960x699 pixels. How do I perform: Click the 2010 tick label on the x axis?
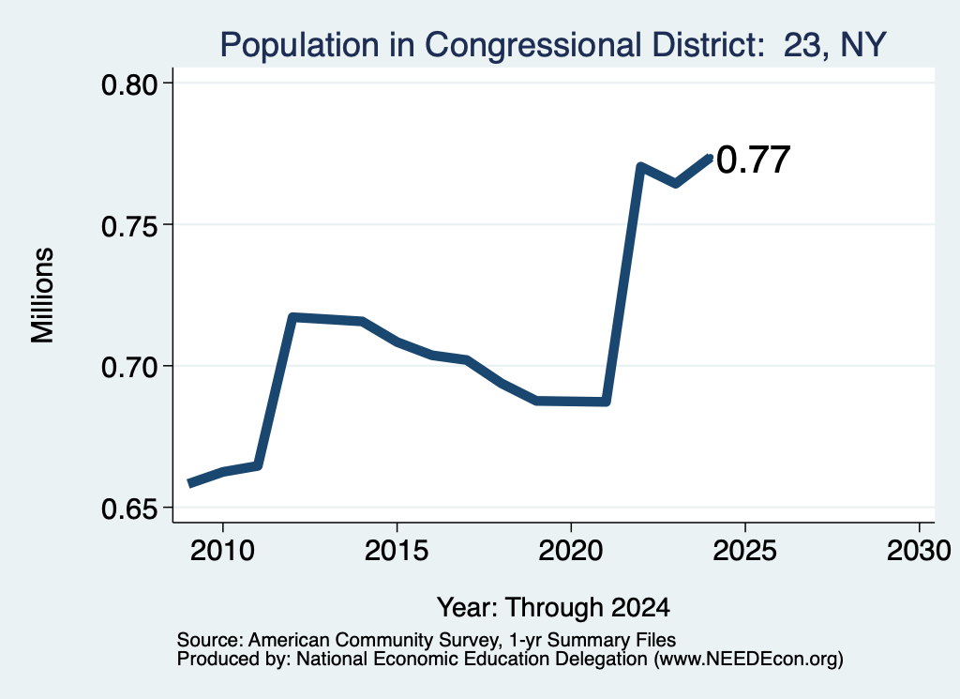click(x=222, y=551)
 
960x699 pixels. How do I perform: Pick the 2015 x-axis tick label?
click(x=397, y=551)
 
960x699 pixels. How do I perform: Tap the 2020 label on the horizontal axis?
click(x=571, y=551)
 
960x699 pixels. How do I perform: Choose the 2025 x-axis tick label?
click(x=744, y=551)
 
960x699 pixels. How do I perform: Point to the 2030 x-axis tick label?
click(x=919, y=551)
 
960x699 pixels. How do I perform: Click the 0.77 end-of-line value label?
click(x=754, y=160)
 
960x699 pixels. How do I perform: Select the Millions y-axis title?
click(x=42, y=296)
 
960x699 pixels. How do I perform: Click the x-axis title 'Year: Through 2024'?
click(x=553, y=608)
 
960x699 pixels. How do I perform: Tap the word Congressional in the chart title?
click(x=532, y=45)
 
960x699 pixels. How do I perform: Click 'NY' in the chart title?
click(x=863, y=45)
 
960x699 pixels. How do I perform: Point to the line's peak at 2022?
click(x=639, y=167)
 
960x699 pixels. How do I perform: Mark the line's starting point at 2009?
click(x=190, y=483)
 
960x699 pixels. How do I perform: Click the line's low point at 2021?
click(x=606, y=402)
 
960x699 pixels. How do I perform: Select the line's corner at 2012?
click(x=292, y=317)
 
